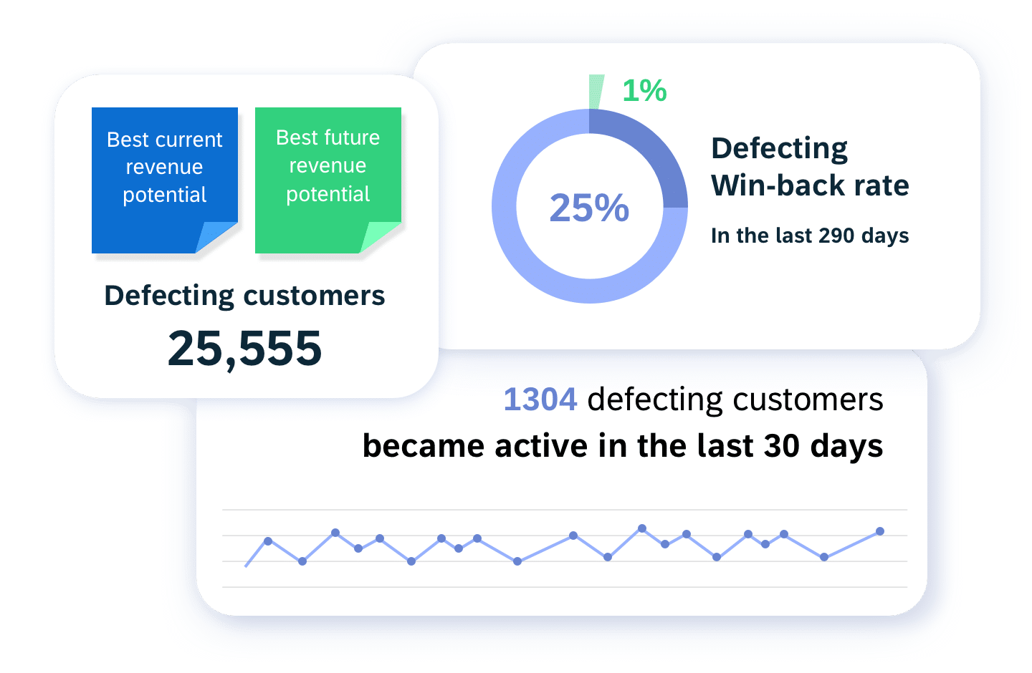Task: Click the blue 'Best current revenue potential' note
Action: pyautogui.click(x=165, y=180)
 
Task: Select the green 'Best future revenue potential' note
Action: pyautogui.click(x=328, y=180)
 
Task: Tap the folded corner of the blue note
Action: pyautogui.click(x=216, y=237)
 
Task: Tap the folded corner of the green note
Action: pyautogui.click(x=379, y=237)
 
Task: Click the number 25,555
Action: pyautogui.click(x=244, y=349)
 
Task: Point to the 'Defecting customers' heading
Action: pyautogui.click(x=244, y=296)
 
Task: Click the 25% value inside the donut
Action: pyautogui.click(x=589, y=208)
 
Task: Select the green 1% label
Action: pyautogui.click(x=644, y=90)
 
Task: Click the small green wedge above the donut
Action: pyautogui.click(x=596, y=92)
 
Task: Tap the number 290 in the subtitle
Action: pyautogui.click(x=836, y=236)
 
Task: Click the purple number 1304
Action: pyautogui.click(x=540, y=399)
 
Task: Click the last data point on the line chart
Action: pyautogui.click(x=880, y=531)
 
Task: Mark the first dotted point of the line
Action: pyautogui.click(x=268, y=541)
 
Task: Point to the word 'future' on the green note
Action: pyautogui.click(x=352, y=137)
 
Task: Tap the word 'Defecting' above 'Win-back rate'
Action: pyautogui.click(x=780, y=150)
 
